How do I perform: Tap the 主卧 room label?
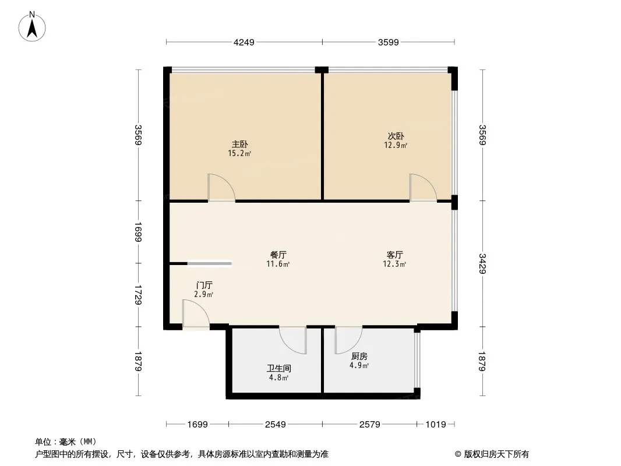(x=239, y=144)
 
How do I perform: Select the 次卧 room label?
(x=396, y=136)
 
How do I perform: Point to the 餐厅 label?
(x=278, y=255)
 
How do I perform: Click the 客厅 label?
(x=394, y=255)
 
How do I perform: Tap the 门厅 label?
(x=204, y=285)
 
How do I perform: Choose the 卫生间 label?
(x=279, y=369)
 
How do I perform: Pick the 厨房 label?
(x=359, y=356)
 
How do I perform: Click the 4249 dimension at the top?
(x=244, y=43)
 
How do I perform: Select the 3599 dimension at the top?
(x=388, y=43)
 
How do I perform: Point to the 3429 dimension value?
(x=482, y=263)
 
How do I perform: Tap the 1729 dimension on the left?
(x=138, y=295)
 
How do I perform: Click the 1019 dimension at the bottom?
(x=436, y=425)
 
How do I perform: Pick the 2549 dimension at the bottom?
(x=275, y=425)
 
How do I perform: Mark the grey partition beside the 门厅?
(x=210, y=263)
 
